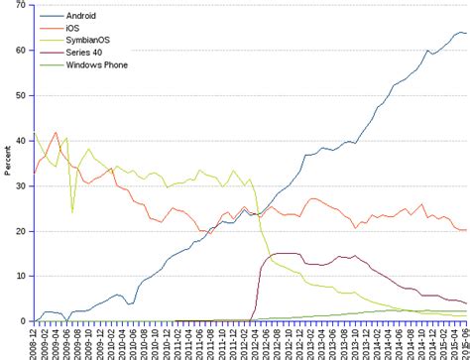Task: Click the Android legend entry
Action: [x=81, y=17]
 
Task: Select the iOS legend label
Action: [x=73, y=29]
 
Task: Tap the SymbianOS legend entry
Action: [x=87, y=41]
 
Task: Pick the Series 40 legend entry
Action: [x=83, y=53]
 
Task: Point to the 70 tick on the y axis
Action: [x=21, y=6]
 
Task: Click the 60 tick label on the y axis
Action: [x=21, y=51]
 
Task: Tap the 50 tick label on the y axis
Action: [x=21, y=96]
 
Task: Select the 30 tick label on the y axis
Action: [x=21, y=186]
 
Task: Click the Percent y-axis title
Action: [x=7, y=164]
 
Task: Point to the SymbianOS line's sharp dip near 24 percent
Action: [x=72, y=211]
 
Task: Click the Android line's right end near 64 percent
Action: [x=466, y=34]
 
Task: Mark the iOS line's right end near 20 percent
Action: [x=466, y=230]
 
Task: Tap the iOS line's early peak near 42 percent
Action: [x=56, y=132]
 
